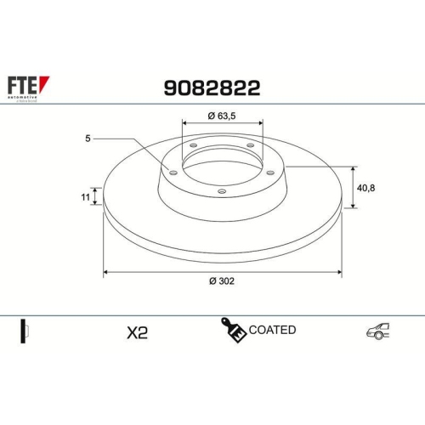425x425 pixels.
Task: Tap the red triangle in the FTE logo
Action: click(x=45, y=83)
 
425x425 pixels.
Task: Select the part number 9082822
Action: click(x=211, y=87)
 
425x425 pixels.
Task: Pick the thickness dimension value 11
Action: click(x=85, y=197)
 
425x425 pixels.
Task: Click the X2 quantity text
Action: click(x=137, y=332)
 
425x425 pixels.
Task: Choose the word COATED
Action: click(x=273, y=330)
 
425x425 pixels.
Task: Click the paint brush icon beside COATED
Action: click(x=233, y=330)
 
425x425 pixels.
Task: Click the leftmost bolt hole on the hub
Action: click(x=173, y=173)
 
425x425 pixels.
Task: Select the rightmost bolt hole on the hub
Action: click(x=271, y=173)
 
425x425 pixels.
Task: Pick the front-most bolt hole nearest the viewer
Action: click(x=222, y=191)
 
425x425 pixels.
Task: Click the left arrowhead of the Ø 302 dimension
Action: click(x=106, y=272)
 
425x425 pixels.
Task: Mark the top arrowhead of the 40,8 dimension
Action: click(x=352, y=167)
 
